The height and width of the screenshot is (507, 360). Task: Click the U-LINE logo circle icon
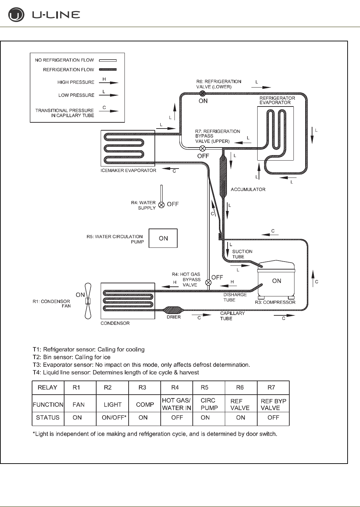[16, 15]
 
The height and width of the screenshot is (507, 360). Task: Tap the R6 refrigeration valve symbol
[203, 93]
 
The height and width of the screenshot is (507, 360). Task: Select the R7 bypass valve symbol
[203, 149]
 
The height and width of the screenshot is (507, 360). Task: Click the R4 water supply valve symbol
[161, 205]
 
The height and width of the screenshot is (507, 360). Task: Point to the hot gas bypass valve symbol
[208, 283]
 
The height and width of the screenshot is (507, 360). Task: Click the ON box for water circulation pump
[163, 238]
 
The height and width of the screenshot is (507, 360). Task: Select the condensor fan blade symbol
[88, 301]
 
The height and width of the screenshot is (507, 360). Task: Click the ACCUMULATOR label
[248, 189]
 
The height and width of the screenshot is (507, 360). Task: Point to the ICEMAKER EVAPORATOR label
[128, 170]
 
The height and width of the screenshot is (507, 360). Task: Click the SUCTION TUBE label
[242, 254]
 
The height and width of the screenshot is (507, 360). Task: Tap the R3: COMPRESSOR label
[275, 302]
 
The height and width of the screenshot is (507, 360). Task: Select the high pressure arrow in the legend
[110, 82]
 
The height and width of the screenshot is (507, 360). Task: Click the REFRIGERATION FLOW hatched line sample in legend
[108, 70]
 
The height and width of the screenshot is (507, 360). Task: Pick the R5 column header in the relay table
[204, 387]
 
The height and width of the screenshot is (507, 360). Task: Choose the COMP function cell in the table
[145, 404]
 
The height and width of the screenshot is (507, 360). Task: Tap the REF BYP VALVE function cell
[273, 404]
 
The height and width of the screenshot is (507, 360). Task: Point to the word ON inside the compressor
[277, 281]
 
